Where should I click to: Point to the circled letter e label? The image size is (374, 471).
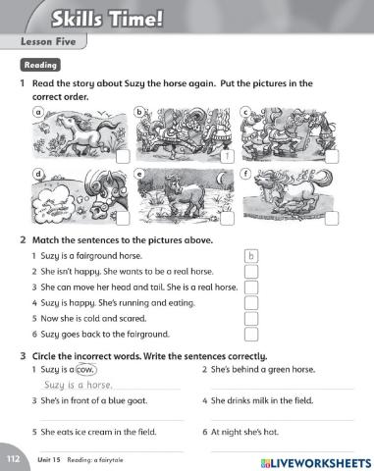point(140,174)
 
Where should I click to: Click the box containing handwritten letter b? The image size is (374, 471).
point(250,257)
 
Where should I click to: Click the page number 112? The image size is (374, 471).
point(13,458)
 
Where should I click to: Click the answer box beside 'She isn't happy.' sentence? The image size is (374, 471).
point(250,272)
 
